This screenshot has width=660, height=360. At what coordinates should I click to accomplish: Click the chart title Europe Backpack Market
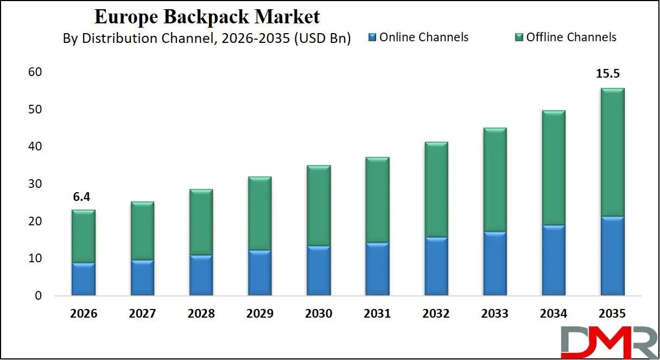click(x=207, y=17)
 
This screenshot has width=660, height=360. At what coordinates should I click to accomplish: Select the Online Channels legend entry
click(x=418, y=37)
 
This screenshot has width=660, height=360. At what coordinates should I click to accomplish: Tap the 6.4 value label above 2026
click(x=81, y=197)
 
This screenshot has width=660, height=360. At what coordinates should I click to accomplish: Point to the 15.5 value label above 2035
click(x=613, y=73)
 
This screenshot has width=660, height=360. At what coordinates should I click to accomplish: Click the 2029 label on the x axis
click(x=260, y=313)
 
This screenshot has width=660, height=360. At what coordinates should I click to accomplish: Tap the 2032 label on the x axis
click(x=436, y=313)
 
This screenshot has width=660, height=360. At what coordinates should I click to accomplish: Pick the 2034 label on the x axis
click(x=554, y=313)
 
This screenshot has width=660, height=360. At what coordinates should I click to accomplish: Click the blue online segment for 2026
click(x=84, y=279)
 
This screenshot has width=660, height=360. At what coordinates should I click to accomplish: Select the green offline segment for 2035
click(x=612, y=152)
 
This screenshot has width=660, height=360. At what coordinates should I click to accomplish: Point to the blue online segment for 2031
click(x=377, y=269)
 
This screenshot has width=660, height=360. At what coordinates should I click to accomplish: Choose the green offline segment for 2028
click(x=201, y=222)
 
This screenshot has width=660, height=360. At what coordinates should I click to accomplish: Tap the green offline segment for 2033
click(x=494, y=179)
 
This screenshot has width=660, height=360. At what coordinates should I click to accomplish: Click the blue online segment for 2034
click(x=554, y=260)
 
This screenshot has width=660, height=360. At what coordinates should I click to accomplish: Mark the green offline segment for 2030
click(x=319, y=205)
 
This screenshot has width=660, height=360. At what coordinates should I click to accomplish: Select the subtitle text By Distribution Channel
click(x=207, y=38)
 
